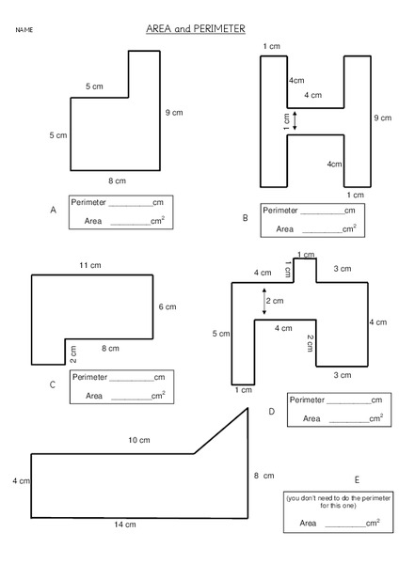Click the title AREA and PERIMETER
[196, 29]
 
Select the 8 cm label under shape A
[116, 180]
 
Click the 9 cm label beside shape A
[173, 113]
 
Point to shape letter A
[54, 211]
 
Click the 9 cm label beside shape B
[381, 117]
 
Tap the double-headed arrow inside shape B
[295, 120]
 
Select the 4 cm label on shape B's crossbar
[312, 95]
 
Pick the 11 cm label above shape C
[89, 266]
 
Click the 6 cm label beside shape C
[167, 306]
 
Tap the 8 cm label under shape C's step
[110, 348]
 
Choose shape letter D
[271, 411]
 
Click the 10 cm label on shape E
[138, 440]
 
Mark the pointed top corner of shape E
[248, 408]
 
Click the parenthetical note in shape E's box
[338, 501]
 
